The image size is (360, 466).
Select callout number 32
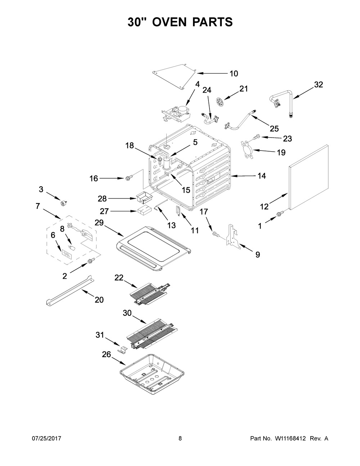[x=319, y=85]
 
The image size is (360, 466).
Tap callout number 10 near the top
[x=234, y=73]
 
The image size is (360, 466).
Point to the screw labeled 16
[x=129, y=178]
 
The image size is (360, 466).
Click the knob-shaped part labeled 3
[x=64, y=203]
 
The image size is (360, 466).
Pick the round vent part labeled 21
[x=220, y=101]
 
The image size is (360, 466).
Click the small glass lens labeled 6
[x=67, y=254]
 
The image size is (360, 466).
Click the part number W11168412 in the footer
[x=291, y=438]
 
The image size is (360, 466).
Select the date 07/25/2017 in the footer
[x=46, y=438]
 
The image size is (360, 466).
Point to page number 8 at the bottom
[x=180, y=438]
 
